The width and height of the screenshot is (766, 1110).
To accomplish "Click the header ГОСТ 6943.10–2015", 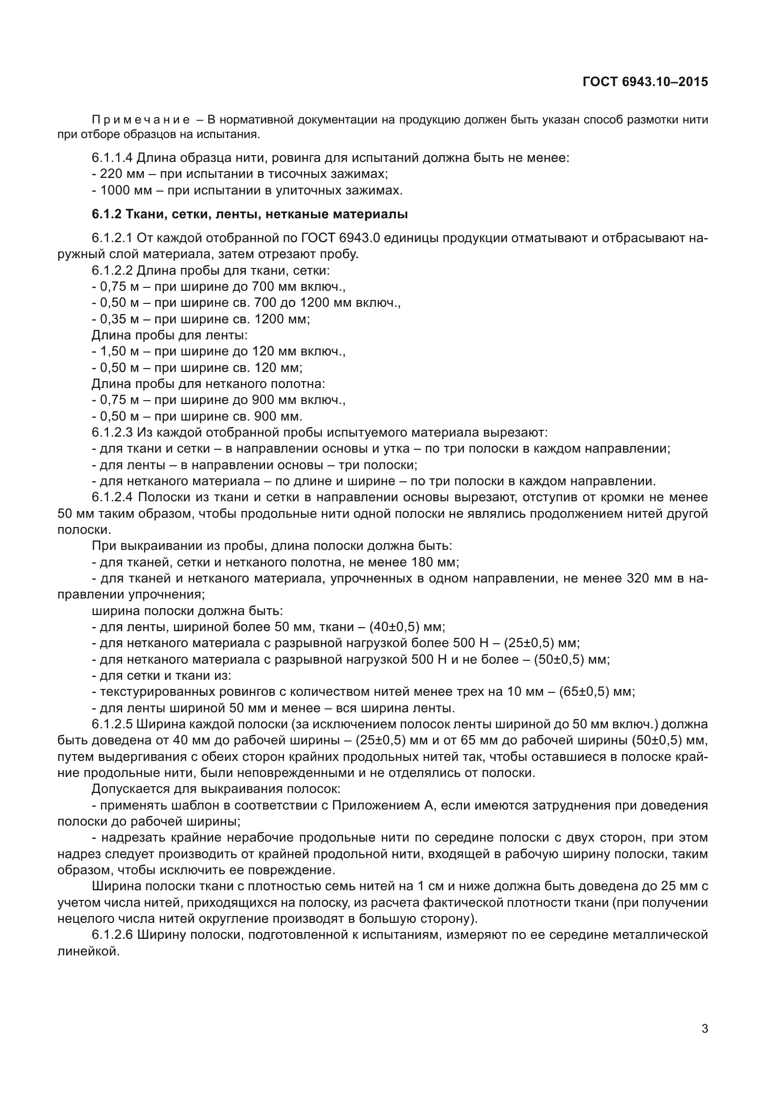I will pyautogui.click(x=645, y=82).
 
